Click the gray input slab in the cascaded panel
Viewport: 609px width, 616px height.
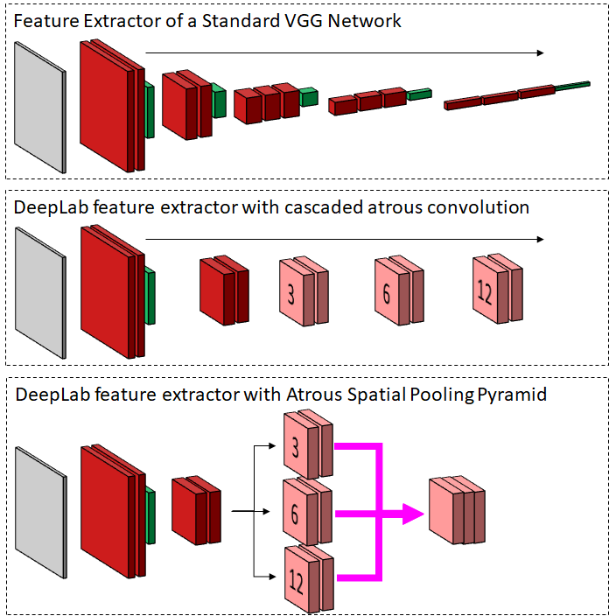(40, 293)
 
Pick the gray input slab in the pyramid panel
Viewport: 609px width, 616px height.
(40, 511)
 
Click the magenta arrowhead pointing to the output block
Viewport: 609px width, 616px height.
(411, 514)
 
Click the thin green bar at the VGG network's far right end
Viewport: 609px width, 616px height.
(574, 85)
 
